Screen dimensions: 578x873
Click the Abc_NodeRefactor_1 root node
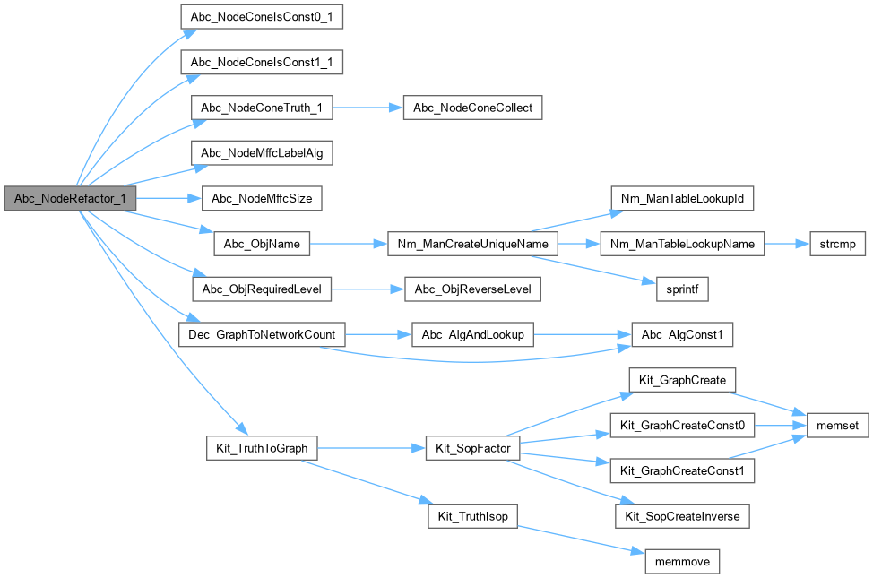point(69,198)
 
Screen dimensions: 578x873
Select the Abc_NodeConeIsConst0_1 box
point(262,17)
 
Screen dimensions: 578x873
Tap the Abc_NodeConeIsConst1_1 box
point(262,63)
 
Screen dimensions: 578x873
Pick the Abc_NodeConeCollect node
point(472,108)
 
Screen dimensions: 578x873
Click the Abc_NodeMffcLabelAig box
point(262,153)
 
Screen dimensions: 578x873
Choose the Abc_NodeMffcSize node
point(262,198)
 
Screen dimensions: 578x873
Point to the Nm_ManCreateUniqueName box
point(472,244)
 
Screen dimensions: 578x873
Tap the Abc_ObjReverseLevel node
point(472,289)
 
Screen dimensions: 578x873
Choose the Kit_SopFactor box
point(472,447)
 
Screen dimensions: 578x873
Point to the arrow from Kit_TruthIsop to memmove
point(583,539)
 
